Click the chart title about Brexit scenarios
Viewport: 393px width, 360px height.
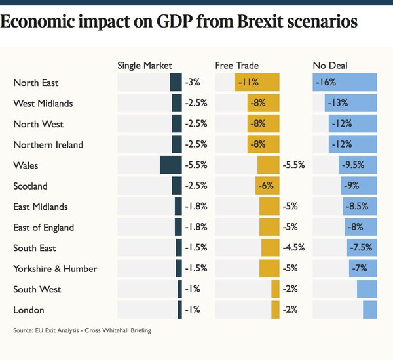coord(179,21)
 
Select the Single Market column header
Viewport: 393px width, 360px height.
coord(144,66)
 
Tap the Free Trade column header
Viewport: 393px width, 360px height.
coord(236,66)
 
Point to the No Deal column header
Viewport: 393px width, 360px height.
coord(331,66)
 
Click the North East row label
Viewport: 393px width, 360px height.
coord(36,83)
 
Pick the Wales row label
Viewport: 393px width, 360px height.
coord(25,165)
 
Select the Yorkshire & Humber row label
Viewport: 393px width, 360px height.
coord(55,269)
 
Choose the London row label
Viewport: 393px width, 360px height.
coord(29,310)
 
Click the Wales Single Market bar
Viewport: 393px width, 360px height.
coord(170,165)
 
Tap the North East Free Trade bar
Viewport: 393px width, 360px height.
coord(257,83)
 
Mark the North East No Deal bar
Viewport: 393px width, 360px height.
coord(345,83)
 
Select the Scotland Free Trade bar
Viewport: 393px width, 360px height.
coord(267,186)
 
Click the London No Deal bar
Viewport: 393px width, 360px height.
coord(370,310)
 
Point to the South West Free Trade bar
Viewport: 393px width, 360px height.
coord(275,289)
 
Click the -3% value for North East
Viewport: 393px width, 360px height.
coord(192,83)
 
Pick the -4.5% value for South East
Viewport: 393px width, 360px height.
coord(293,249)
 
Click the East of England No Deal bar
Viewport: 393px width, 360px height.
coord(361,228)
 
